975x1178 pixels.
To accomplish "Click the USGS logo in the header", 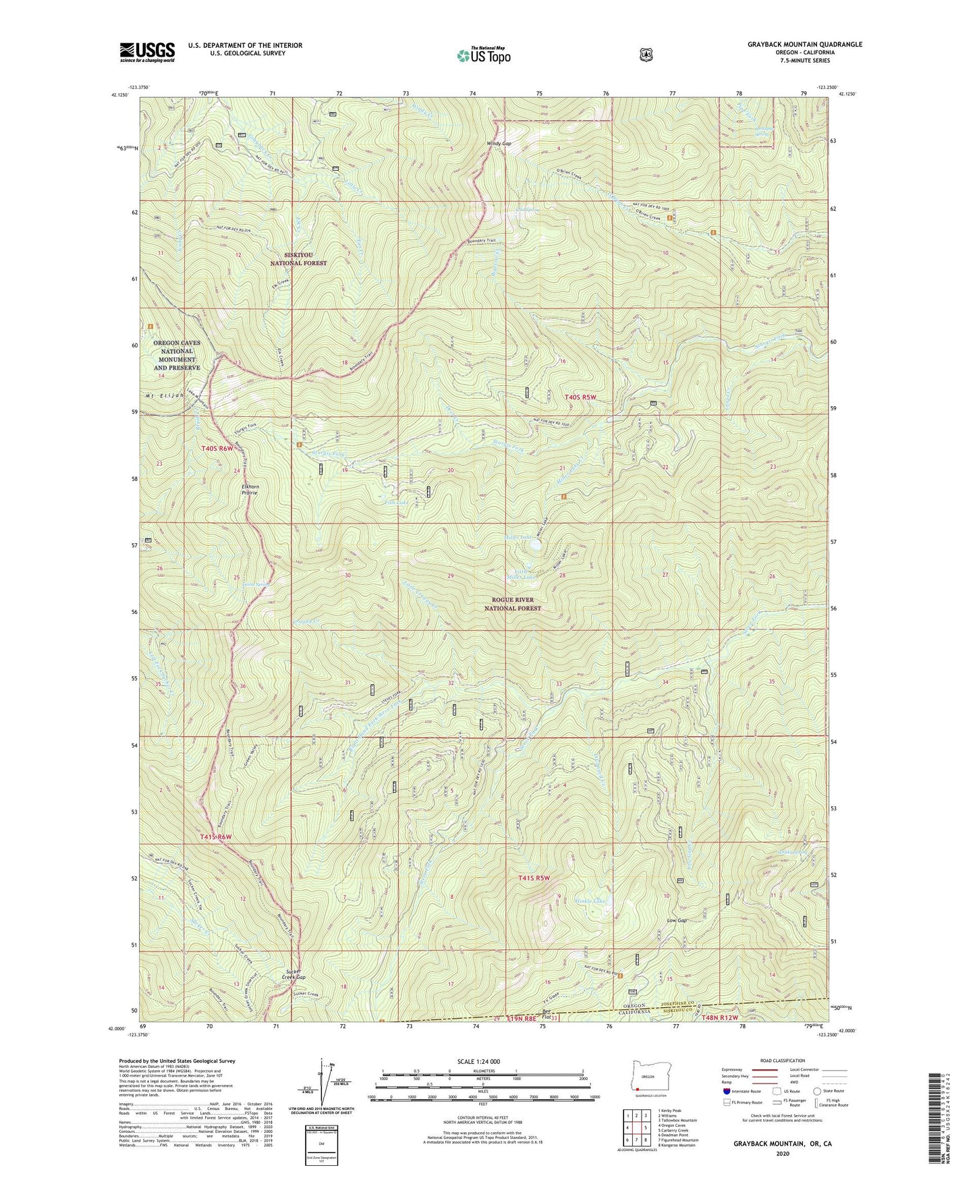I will pos(147,52).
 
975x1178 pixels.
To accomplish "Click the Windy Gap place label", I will pos(498,144).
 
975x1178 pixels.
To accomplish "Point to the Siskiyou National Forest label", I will pos(298,259).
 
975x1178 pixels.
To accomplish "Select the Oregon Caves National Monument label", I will pos(177,355).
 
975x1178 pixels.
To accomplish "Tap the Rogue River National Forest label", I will pos(513,604).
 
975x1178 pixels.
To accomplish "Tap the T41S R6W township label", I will pos(216,837).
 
